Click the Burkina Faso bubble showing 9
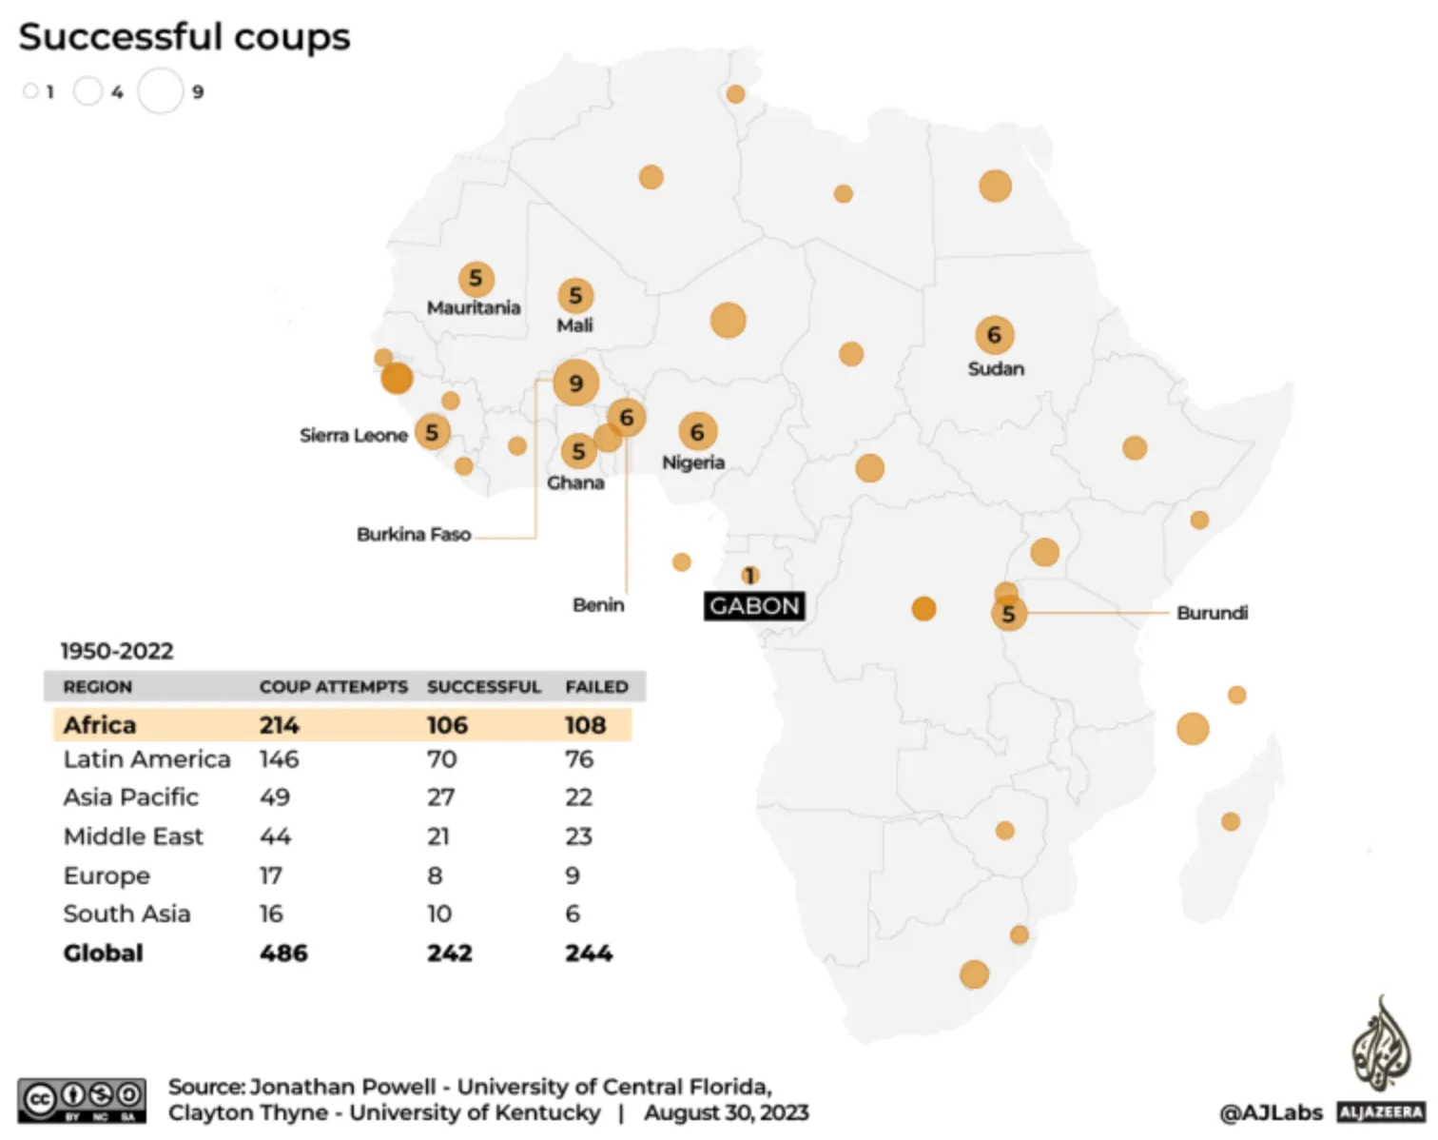coord(575,383)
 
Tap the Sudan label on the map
coord(996,368)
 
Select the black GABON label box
coord(754,606)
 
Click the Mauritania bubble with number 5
coord(476,279)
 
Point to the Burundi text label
coord(1212,613)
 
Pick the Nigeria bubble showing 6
coord(697,432)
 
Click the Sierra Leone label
coord(354,435)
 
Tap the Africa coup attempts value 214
coord(280,725)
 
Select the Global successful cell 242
coord(449,953)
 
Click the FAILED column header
coord(596,687)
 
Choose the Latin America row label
coord(146,759)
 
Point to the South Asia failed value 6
coord(573,914)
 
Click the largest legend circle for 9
coord(160,91)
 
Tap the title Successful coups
coord(185,37)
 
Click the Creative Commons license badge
coord(82,1100)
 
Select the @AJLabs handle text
coord(1271,1111)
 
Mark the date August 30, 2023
coord(726,1112)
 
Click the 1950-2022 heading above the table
coord(117,651)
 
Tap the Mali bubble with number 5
coord(575,296)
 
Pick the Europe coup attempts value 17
coord(271,875)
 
